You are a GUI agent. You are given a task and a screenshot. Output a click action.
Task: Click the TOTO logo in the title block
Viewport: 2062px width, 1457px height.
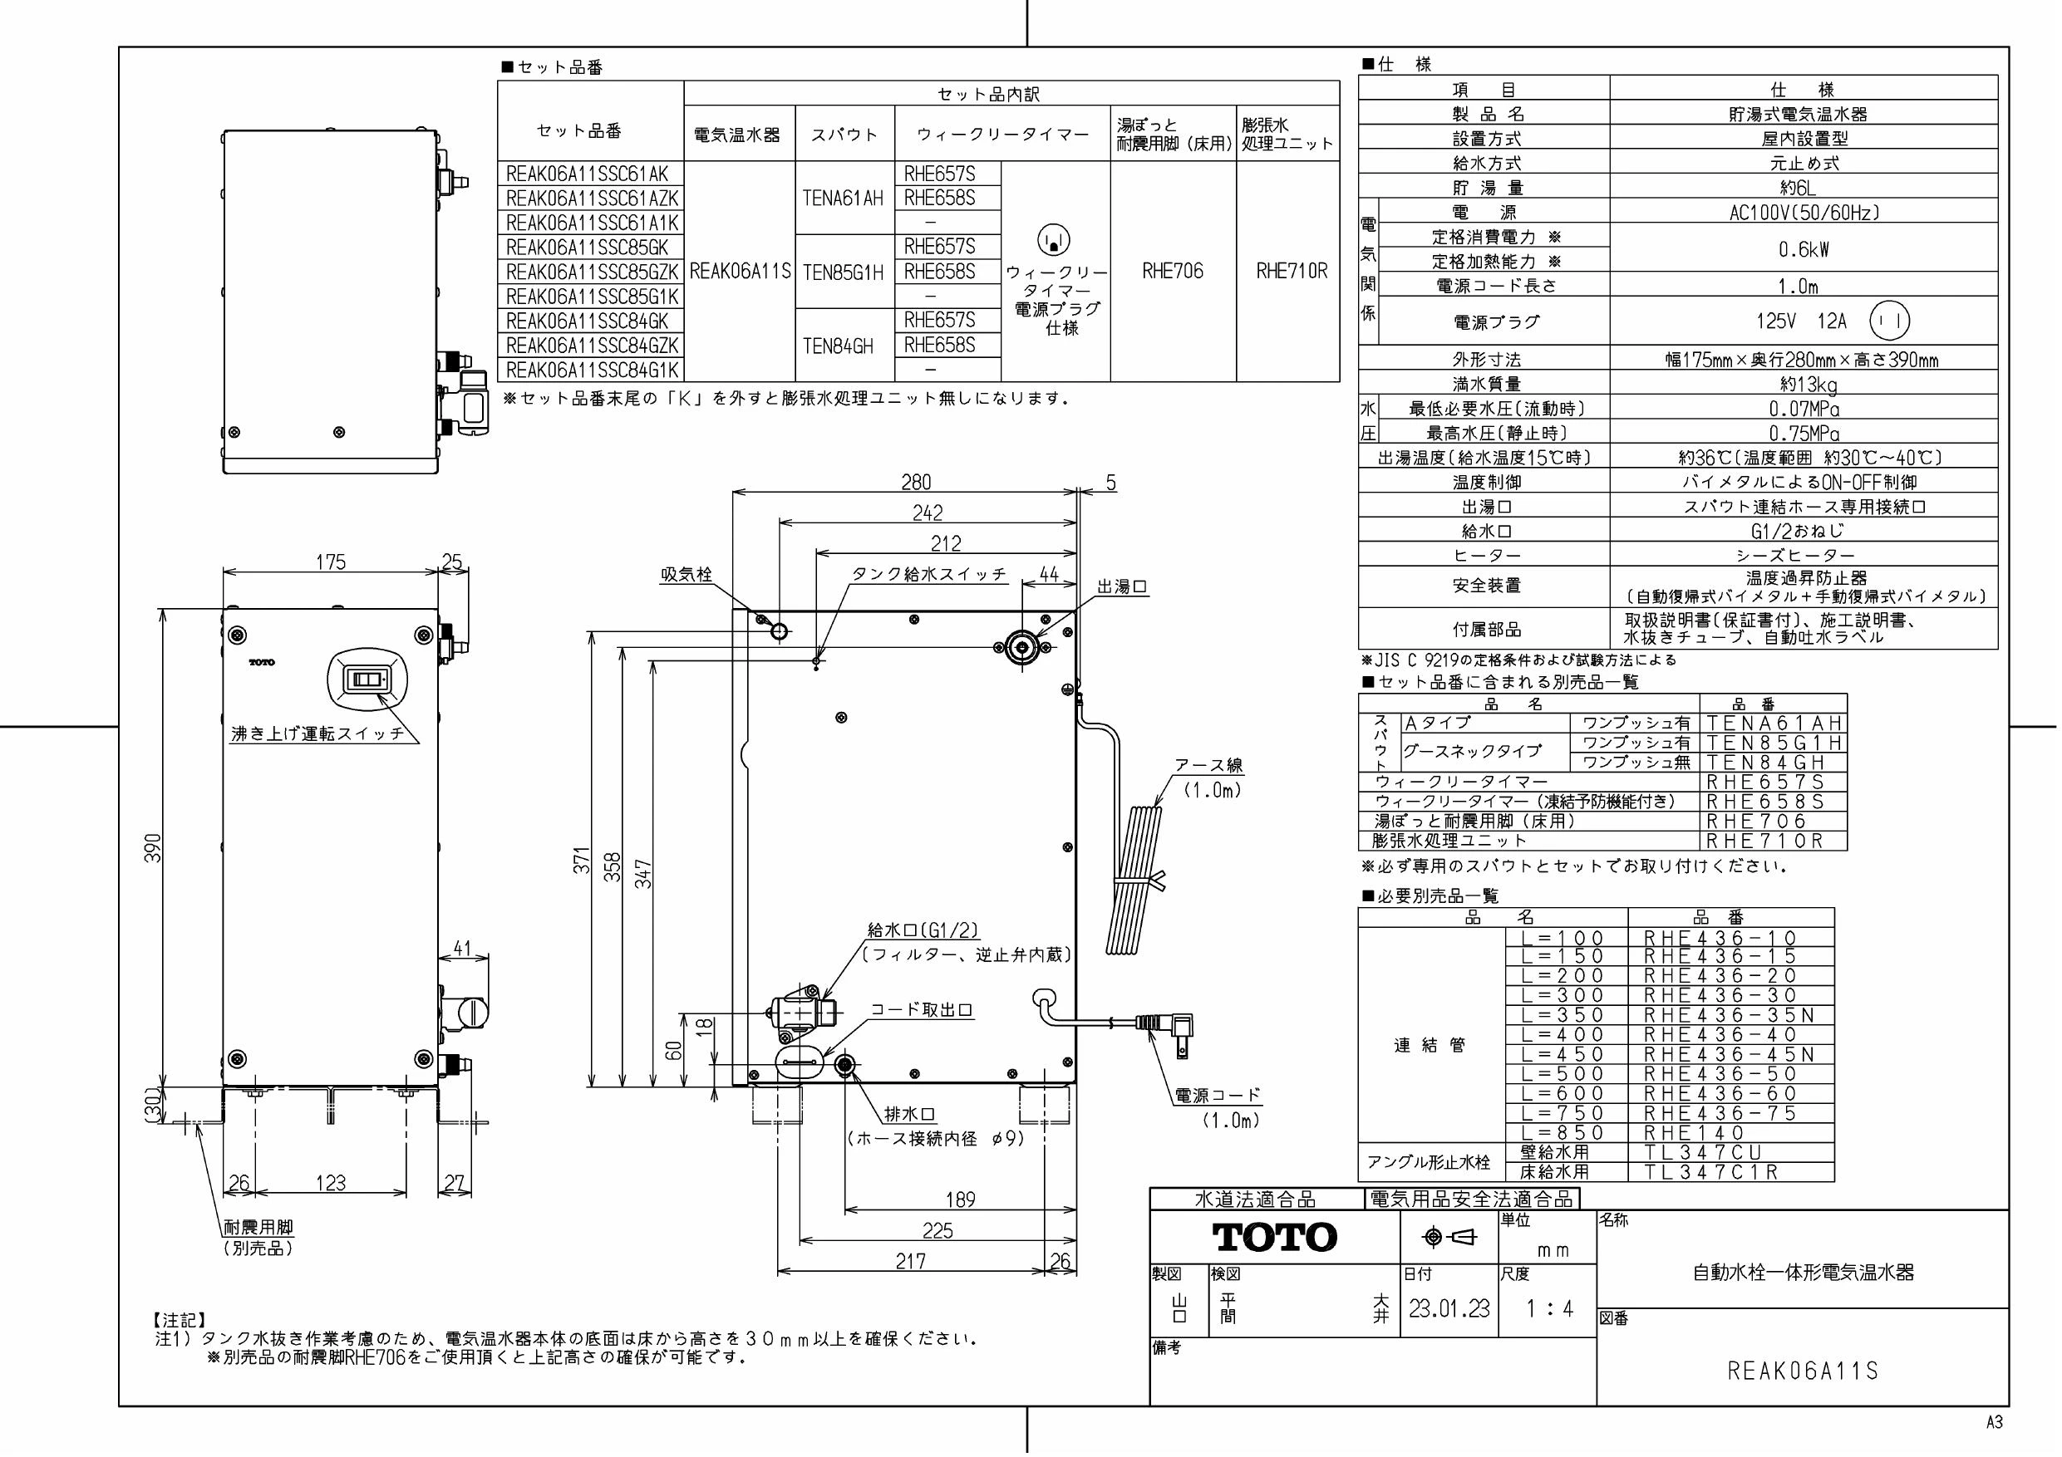click(x=1274, y=1237)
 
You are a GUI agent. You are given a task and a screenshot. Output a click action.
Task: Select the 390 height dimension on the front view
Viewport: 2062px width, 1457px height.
click(x=154, y=848)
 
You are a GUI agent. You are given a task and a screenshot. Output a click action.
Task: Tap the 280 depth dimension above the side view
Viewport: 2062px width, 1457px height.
click(x=916, y=482)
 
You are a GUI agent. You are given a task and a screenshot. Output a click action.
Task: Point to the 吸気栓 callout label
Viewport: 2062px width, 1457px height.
click(x=687, y=575)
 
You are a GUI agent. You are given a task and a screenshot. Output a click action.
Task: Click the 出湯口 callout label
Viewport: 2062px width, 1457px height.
click(x=1122, y=587)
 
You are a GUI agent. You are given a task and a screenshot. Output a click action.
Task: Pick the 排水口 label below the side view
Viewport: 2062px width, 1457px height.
click(x=910, y=1114)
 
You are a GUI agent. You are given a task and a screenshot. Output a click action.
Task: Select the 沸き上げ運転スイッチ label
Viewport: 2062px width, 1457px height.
click(x=318, y=733)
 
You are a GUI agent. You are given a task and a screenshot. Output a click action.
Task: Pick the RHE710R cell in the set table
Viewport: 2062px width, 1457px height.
click(x=1292, y=271)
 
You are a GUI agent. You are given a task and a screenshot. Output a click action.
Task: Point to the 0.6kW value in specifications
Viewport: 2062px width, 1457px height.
click(x=1804, y=249)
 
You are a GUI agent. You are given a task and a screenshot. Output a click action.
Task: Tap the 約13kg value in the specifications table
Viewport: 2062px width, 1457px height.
click(x=1804, y=385)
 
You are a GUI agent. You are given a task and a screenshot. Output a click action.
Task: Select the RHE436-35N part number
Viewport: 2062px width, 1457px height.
click(x=1730, y=1015)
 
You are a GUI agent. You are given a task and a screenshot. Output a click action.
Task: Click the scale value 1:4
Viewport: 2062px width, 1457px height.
click(x=1549, y=1308)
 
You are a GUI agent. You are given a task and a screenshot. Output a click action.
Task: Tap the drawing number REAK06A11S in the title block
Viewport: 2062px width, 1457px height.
click(x=1803, y=1371)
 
